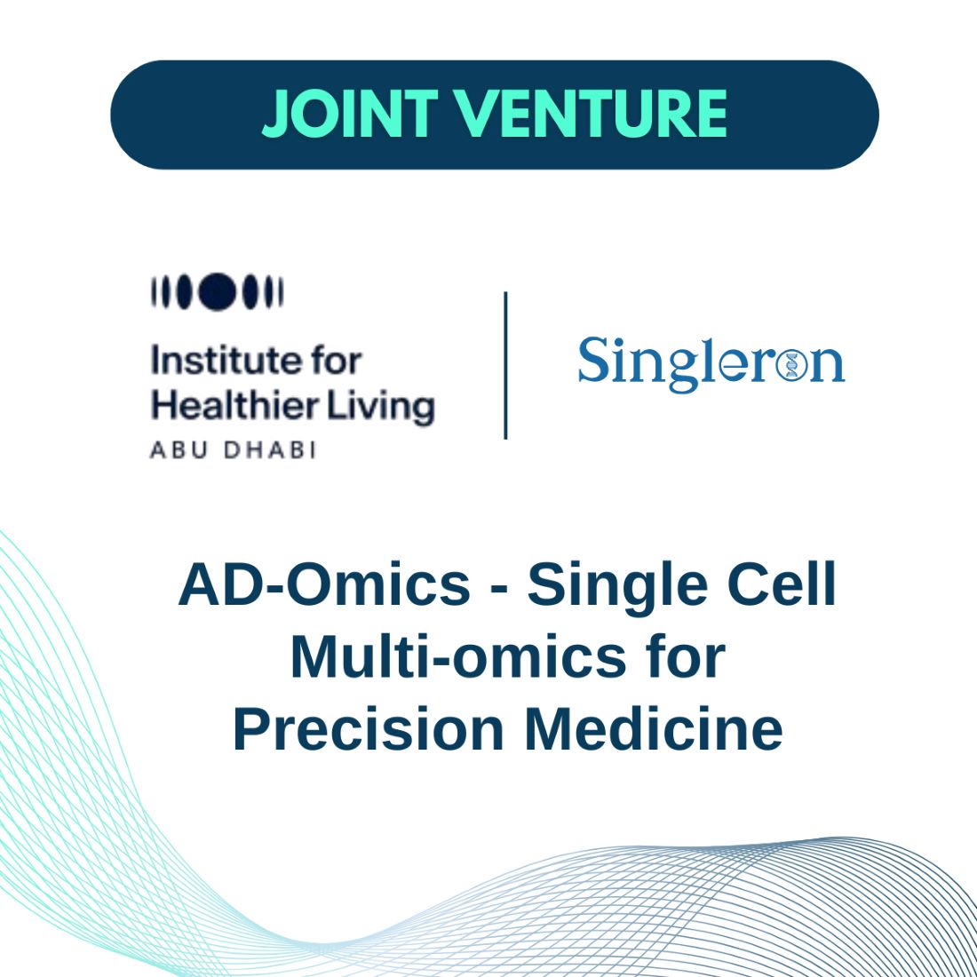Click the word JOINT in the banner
350,114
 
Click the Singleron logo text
711,364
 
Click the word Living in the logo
381,409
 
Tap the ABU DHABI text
233,450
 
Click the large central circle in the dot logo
218,291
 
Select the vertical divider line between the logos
505,365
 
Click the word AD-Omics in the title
324,585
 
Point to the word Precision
369,729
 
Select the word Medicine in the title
654,729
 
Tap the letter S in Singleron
592,359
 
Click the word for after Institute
337,361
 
